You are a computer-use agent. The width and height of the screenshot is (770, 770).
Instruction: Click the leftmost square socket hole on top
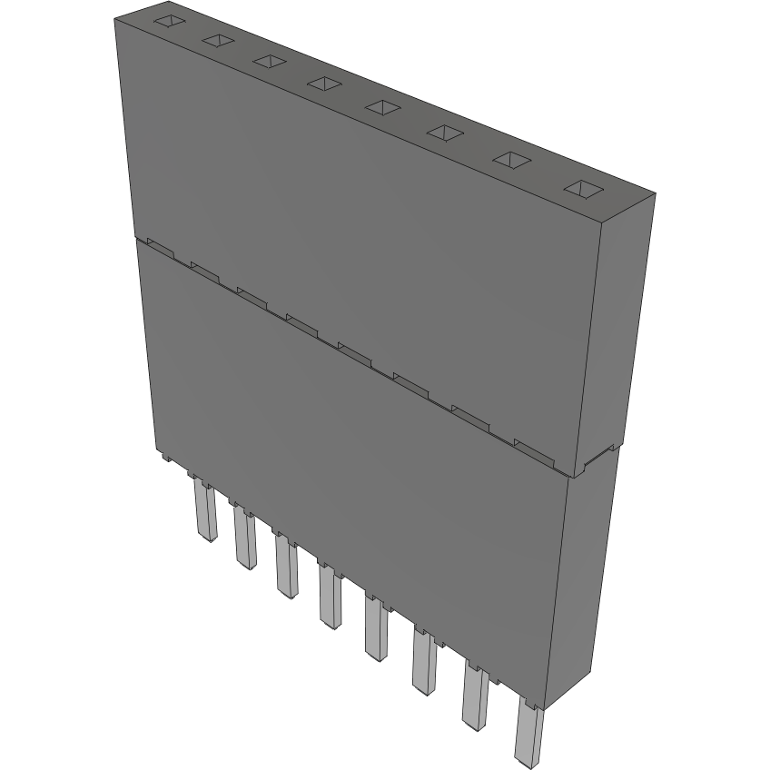tap(169, 22)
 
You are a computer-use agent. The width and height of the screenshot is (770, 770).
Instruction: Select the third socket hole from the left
tap(270, 61)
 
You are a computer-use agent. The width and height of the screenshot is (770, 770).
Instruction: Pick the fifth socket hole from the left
tap(383, 107)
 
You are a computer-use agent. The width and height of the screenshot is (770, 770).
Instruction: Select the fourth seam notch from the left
tap(301, 319)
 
